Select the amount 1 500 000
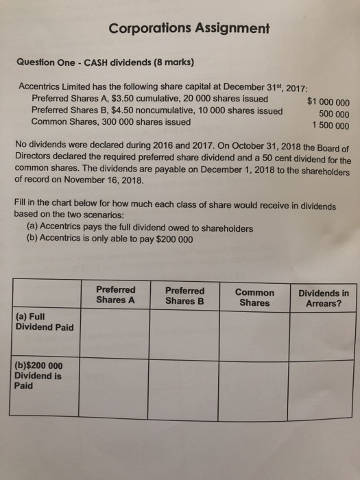[330, 126]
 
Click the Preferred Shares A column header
[116, 295]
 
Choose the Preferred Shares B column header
[185, 295]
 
